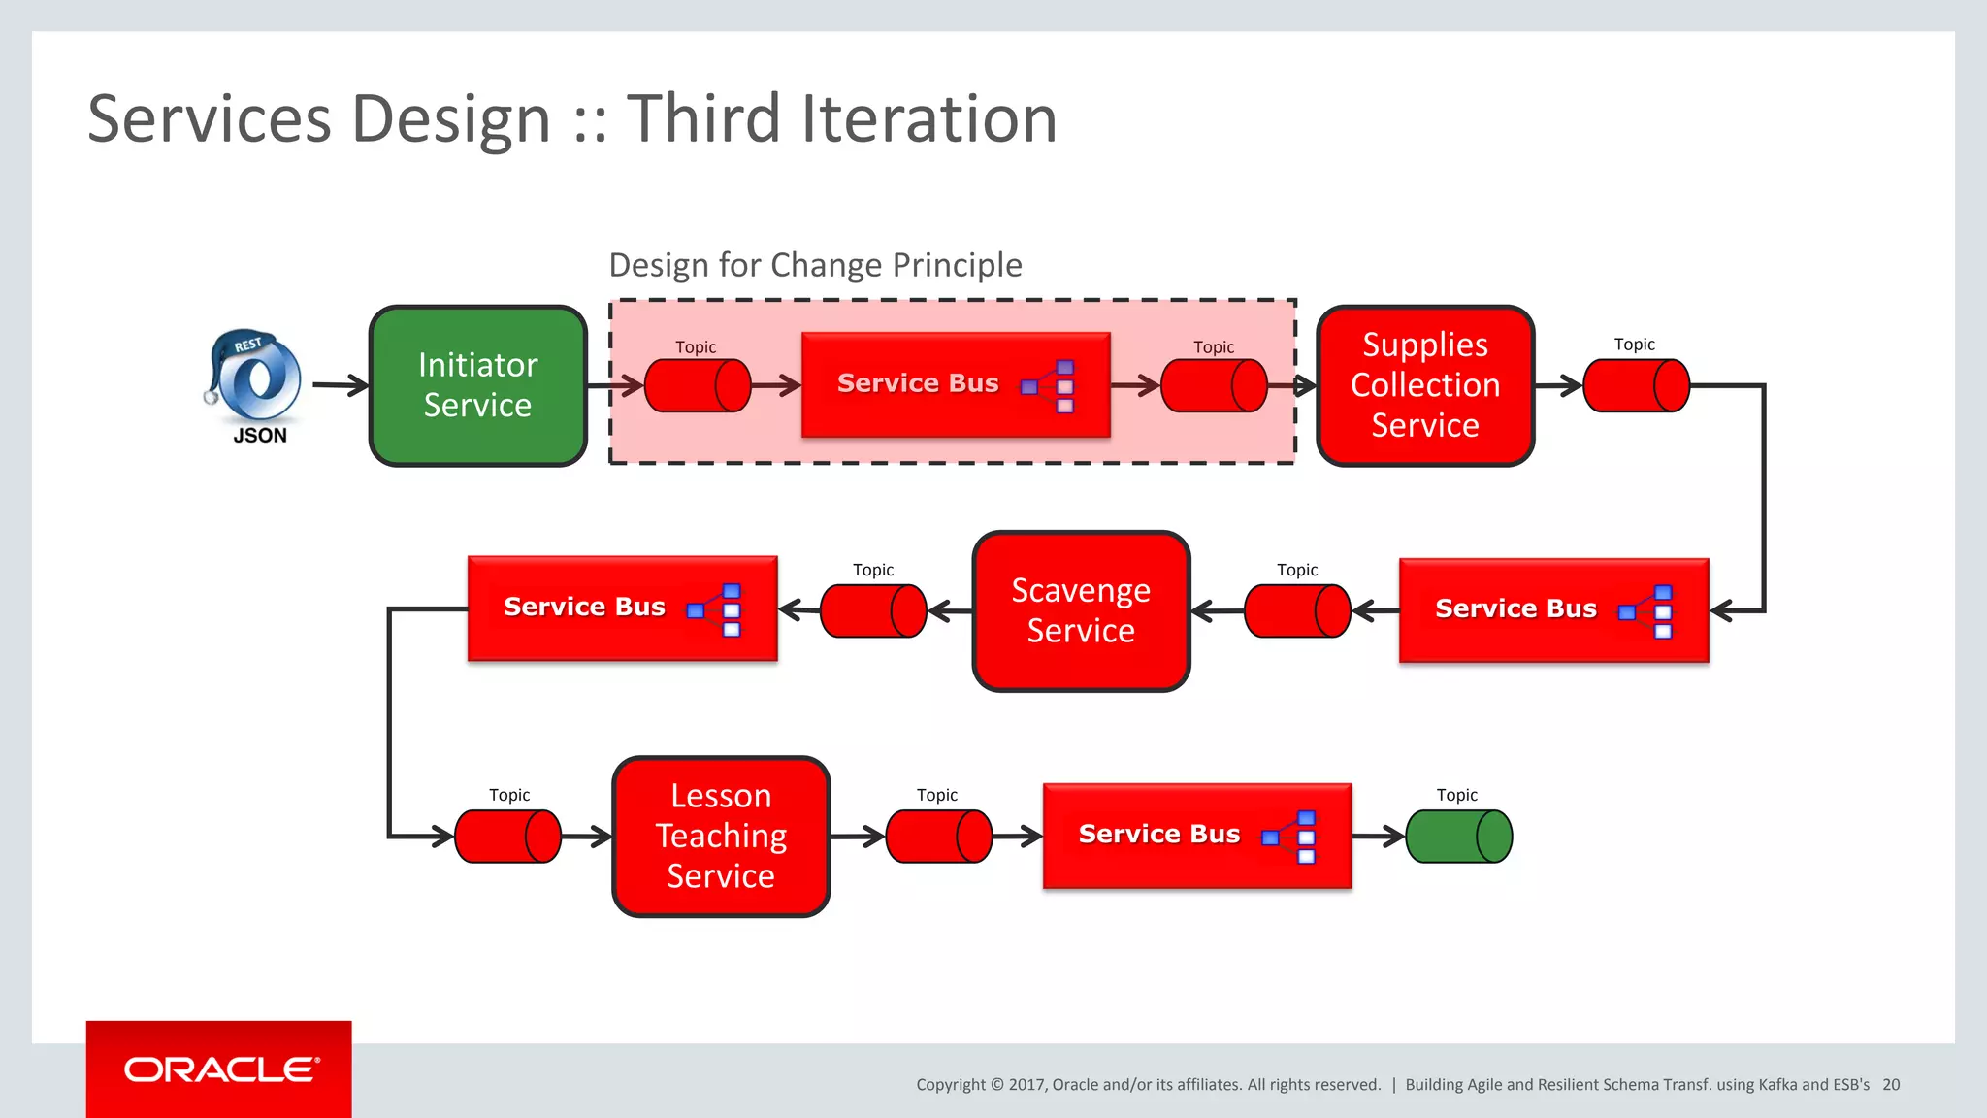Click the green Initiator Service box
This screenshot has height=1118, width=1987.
(478, 385)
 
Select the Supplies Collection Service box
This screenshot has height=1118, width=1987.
(1425, 385)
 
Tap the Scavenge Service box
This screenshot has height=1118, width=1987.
(1081, 610)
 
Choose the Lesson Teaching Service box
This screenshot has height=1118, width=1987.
(721, 836)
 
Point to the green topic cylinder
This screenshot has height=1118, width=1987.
(1458, 836)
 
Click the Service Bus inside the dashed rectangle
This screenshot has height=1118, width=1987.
(956, 384)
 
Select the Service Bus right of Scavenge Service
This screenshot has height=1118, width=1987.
(1553, 609)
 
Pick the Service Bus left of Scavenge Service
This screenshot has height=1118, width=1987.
(622, 608)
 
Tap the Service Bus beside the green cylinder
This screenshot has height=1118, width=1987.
(1197, 835)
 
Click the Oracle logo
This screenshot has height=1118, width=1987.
(220, 1069)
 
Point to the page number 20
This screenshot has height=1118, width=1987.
(1891, 1084)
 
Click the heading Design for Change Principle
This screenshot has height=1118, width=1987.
(815, 265)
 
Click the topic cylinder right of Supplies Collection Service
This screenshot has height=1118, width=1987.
(1636, 385)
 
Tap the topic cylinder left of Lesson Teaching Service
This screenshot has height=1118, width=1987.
(507, 836)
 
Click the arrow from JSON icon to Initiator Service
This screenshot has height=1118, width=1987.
(341, 385)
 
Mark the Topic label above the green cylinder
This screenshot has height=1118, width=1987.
(1456, 795)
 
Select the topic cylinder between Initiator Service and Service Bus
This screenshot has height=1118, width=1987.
(698, 385)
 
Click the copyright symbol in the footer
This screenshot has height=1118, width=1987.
(996, 1085)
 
